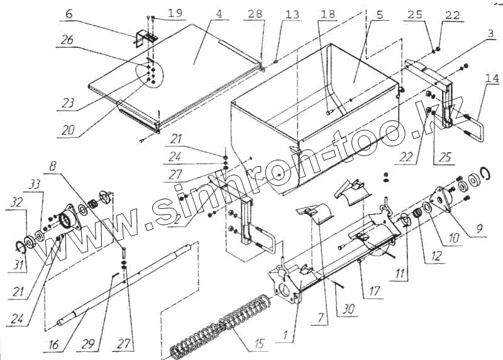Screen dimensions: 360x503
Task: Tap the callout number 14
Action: click(x=492, y=79)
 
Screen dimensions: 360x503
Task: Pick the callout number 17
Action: click(x=377, y=291)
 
